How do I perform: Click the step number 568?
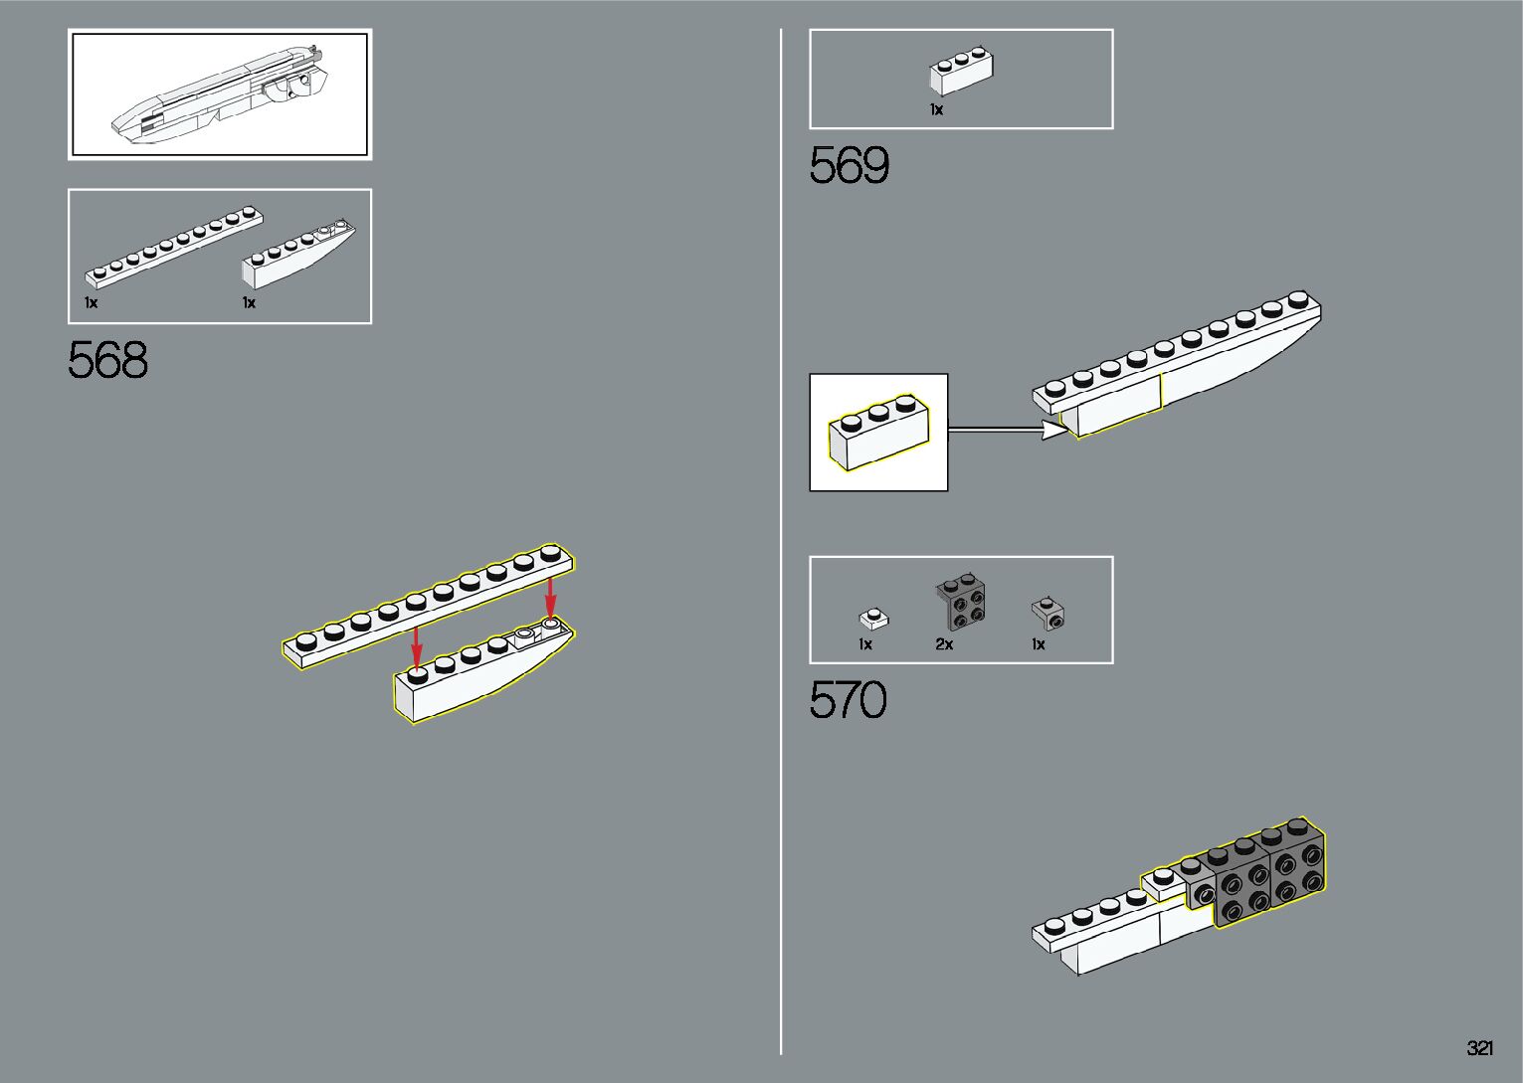tap(108, 360)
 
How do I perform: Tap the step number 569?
tap(850, 165)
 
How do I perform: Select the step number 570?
tap(849, 700)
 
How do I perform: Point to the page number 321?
tap(1479, 1048)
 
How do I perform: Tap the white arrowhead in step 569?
tap(1052, 430)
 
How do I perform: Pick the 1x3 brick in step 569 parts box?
tap(962, 72)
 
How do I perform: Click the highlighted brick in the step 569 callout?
tap(879, 435)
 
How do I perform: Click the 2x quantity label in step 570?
tap(944, 644)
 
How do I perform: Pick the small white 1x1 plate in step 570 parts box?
tap(873, 619)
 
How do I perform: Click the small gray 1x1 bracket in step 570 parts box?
tap(1047, 614)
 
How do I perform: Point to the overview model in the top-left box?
tap(219, 95)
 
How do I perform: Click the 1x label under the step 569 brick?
tap(936, 110)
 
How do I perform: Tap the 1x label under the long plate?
tap(91, 302)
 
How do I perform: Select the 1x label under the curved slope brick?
tap(249, 302)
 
